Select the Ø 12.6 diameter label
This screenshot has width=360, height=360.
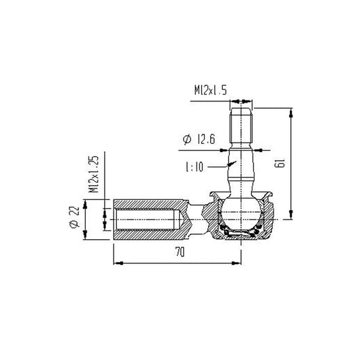click(x=198, y=140)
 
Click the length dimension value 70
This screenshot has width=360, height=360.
click(x=179, y=252)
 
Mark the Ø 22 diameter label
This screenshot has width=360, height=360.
click(x=74, y=220)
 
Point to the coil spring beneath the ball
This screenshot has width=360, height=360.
click(x=242, y=234)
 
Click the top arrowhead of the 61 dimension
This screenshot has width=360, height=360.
click(x=290, y=110)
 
